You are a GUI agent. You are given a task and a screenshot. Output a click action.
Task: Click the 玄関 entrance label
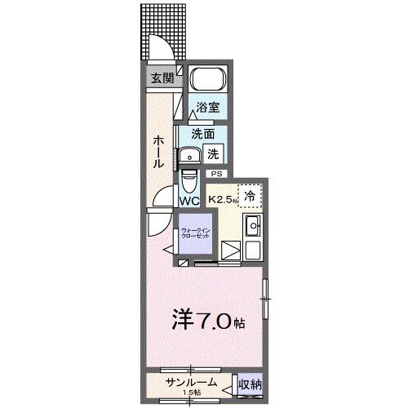tap(162, 78)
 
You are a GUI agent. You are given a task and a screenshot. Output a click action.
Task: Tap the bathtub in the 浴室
tap(207, 82)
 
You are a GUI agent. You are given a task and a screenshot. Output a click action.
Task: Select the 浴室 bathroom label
tap(208, 108)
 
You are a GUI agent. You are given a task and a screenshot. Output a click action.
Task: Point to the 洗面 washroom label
tap(203, 134)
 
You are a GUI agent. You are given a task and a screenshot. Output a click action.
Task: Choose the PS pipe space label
tap(216, 174)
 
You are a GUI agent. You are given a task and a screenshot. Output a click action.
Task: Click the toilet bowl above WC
tap(188, 178)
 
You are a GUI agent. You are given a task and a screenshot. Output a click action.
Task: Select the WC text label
tap(189, 201)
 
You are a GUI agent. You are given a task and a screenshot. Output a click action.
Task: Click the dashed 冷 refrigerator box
tap(251, 196)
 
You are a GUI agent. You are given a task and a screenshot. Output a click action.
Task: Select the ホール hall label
tap(157, 153)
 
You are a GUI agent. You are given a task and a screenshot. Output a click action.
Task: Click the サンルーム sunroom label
tap(190, 380)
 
